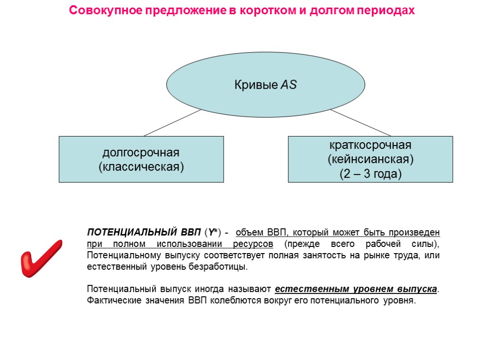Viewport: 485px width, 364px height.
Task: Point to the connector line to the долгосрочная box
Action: pyautogui.click(x=172, y=123)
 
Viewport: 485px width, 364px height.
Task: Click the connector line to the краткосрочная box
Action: pyautogui.click(x=361, y=123)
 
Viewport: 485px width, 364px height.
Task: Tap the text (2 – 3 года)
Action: pyautogui.click(x=370, y=174)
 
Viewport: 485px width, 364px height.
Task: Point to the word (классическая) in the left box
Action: pyautogui.click(x=141, y=167)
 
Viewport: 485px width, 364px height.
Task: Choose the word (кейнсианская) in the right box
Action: pyautogui.click(x=370, y=159)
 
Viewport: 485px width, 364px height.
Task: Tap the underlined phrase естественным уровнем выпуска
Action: pyautogui.click(x=356, y=289)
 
